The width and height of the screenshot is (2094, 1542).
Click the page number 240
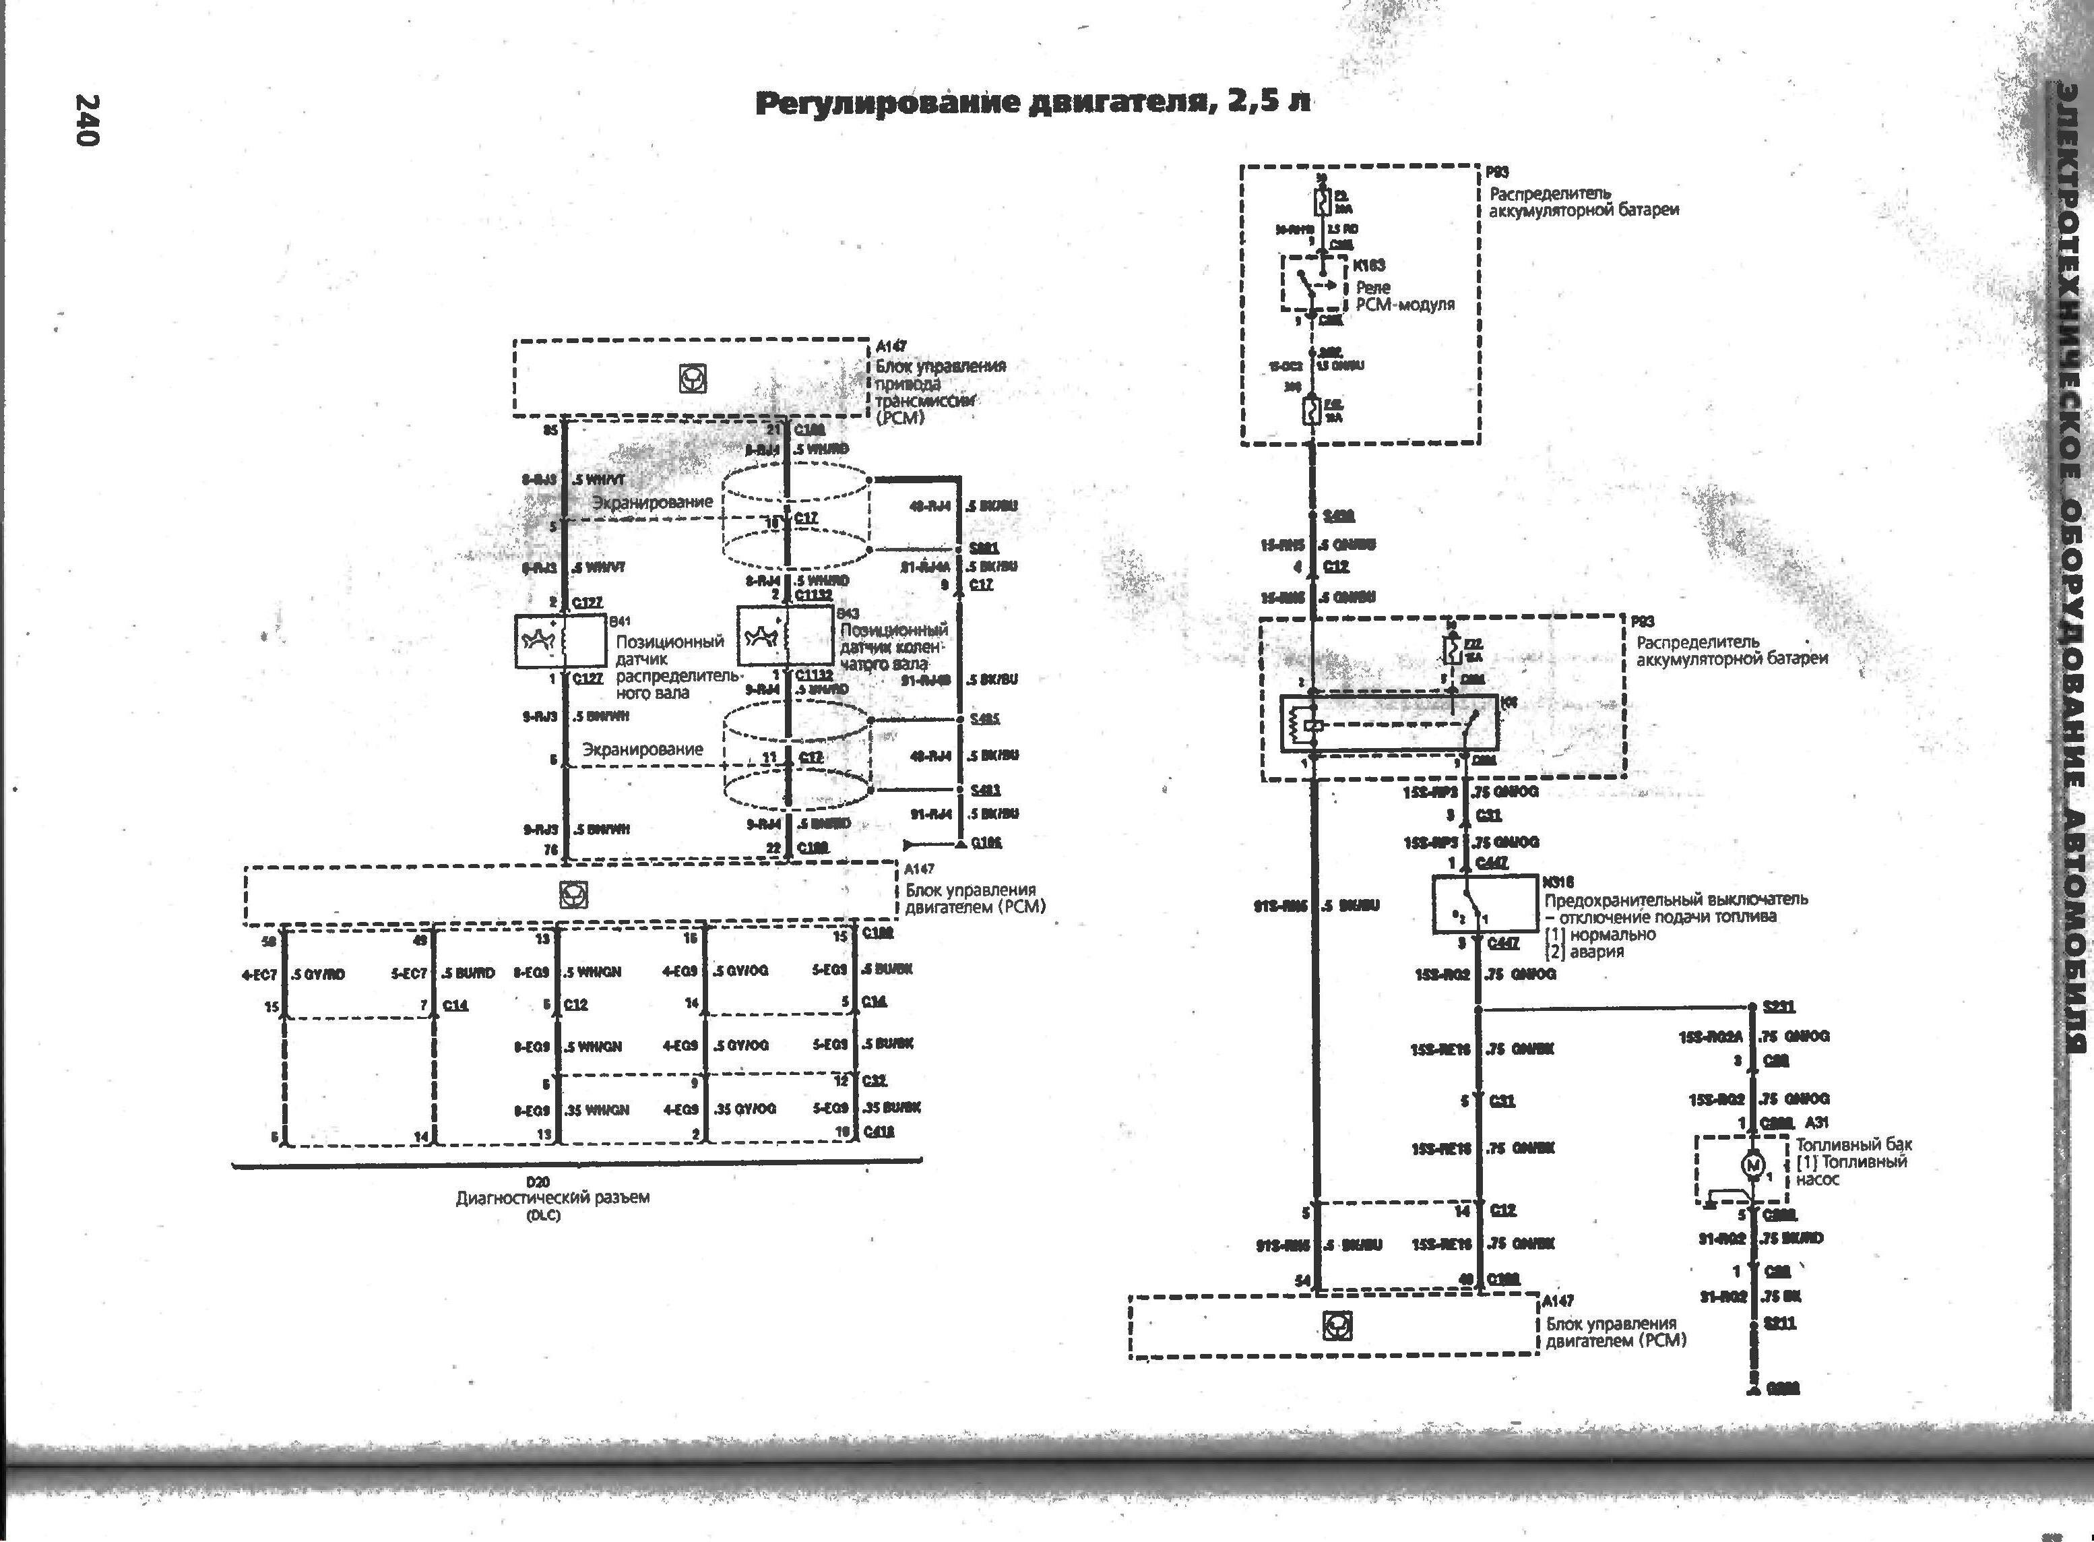tap(86, 119)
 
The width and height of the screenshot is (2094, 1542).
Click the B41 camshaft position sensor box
tap(560, 641)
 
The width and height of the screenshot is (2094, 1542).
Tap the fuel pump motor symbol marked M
tap(1752, 1164)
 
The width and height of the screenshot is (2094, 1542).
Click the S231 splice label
tap(1779, 1007)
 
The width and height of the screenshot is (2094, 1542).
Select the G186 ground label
tap(986, 843)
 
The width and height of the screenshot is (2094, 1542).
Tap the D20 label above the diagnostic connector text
tap(538, 1181)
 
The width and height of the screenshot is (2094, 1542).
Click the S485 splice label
tap(984, 718)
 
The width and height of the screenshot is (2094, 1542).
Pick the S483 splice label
tap(984, 790)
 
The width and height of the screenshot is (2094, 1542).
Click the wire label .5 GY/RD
tap(318, 975)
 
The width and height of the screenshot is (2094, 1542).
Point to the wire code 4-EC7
tap(259, 975)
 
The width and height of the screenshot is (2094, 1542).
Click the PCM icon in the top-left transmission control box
tap(693, 378)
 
